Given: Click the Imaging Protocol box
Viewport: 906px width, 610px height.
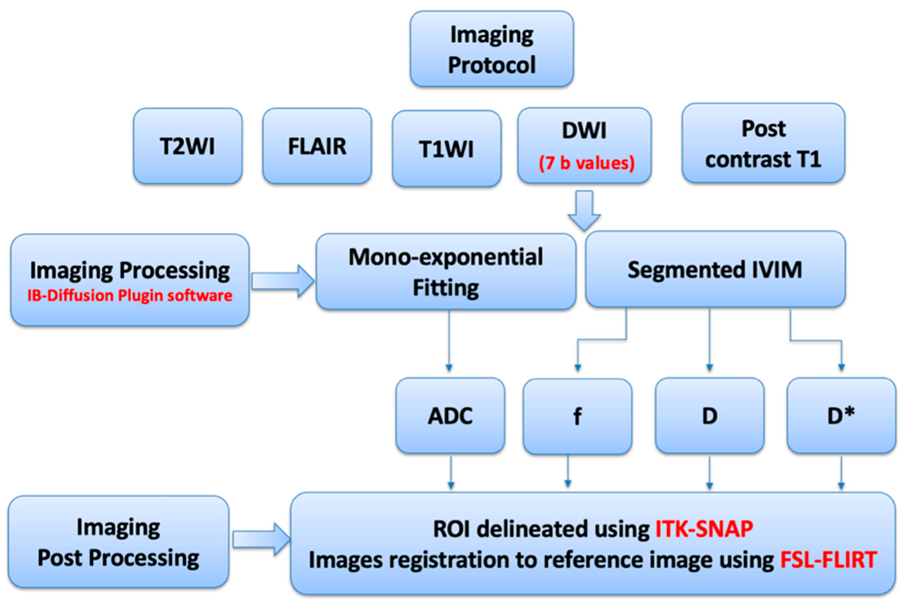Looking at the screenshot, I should (491, 49).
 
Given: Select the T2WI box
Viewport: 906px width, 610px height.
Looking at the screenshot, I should (188, 146).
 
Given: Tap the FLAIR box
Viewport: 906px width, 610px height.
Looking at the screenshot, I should (317, 146).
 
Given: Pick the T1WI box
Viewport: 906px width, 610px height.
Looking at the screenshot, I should (446, 149).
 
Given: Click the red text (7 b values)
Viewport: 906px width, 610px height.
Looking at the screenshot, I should (586, 163).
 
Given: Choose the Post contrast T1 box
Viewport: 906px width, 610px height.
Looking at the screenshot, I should (763, 143).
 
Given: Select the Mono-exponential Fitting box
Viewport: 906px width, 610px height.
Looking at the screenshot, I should (445, 272).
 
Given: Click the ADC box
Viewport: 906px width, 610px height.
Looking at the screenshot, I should (450, 415).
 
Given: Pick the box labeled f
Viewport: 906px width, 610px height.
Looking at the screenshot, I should (577, 416).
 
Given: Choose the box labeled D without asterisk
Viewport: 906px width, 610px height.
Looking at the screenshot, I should (709, 415).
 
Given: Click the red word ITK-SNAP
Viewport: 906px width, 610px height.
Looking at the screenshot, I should (704, 529).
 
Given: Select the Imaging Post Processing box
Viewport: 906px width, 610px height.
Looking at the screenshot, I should (118, 542).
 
